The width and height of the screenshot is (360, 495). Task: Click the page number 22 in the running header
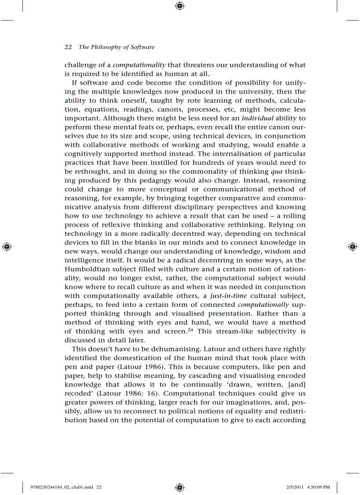[x=68, y=47]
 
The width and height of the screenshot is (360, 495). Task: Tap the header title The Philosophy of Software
[x=116, y=47]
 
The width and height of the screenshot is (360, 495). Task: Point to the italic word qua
[x=270, y=172]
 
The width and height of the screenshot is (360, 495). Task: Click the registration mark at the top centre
[x=180, y=6]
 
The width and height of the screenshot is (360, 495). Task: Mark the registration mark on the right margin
[x=352, y=247]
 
